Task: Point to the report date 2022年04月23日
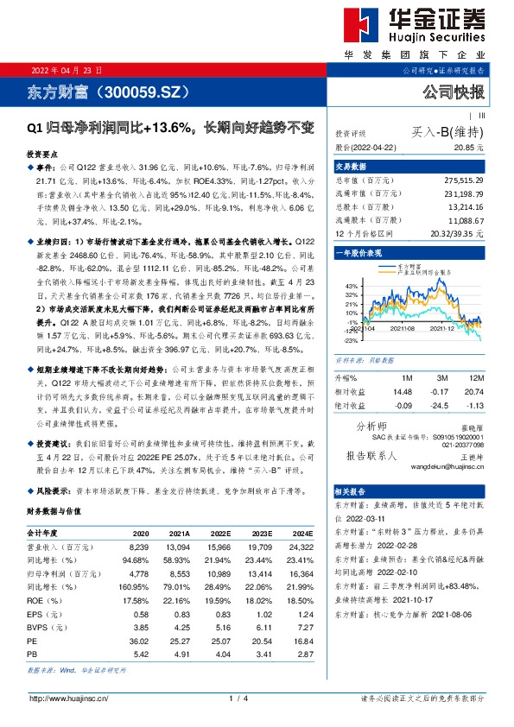(x=67, y=70)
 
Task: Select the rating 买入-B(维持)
(x=448, y=132)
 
